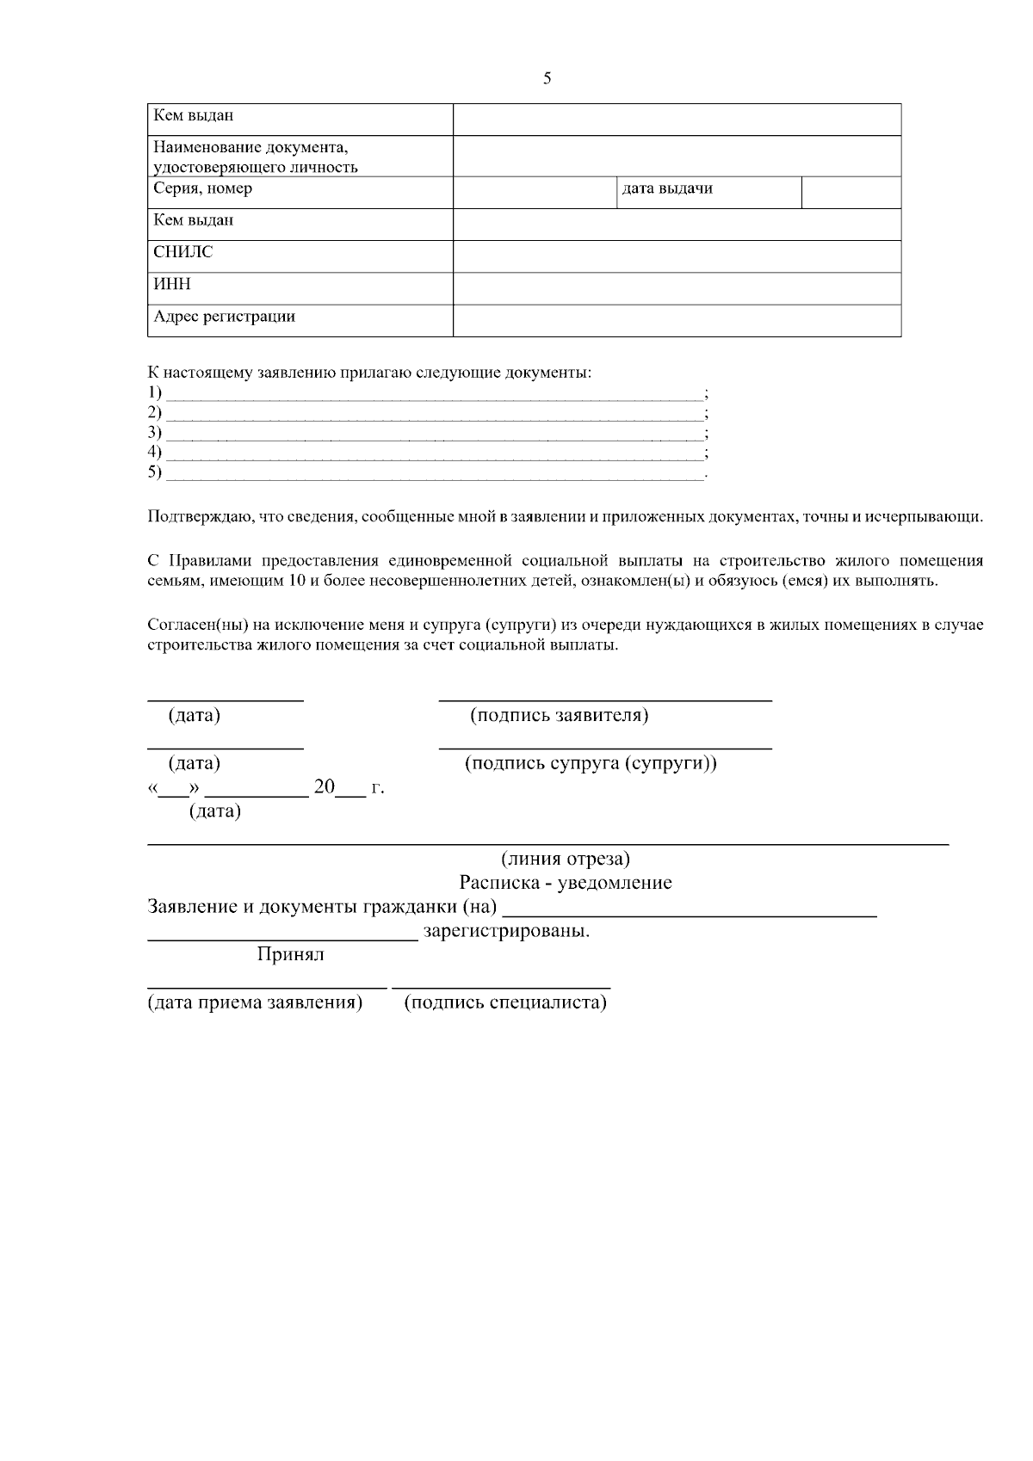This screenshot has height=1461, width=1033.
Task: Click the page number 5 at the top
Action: [547, 79]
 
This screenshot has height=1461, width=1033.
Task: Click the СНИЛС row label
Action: [183, 252]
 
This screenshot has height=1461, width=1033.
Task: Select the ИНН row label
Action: [172, 284]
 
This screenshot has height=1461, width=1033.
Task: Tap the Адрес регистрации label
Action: [224, 316]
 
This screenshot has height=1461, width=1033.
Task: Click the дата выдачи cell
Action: [667, 188]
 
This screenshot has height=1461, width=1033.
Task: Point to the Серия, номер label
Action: [203, 188]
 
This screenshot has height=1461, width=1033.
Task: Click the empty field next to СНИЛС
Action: [677, 256]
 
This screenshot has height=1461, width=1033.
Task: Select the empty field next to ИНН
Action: [677, 288]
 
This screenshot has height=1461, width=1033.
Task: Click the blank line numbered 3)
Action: [435, 434]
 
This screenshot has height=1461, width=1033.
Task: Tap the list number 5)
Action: [155, 472]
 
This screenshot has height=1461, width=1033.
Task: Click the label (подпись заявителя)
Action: [559, 715]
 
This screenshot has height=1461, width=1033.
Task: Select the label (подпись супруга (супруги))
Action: [591, 763]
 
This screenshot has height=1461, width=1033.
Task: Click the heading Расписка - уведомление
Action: [566, 883]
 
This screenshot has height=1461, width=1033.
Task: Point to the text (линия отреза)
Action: [566, 859]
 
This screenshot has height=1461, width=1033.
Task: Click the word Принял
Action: [290, 954]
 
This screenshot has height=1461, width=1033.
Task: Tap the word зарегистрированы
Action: [506, 931]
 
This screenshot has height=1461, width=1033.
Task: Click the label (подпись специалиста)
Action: [505, 1002]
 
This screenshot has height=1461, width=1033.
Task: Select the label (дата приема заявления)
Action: [255, 1002]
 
